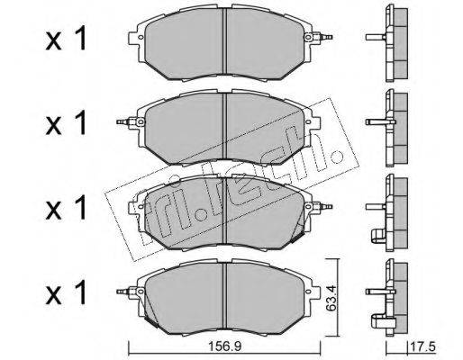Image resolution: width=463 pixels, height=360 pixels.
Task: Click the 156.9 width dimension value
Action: (225, 346)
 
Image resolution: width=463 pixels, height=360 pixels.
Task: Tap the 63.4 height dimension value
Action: (331, 298)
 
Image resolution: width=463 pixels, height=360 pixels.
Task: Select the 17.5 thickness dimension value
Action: (423, 347)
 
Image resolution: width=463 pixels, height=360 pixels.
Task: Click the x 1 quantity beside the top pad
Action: (66, 39)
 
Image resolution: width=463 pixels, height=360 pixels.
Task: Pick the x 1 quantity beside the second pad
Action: (66, 123)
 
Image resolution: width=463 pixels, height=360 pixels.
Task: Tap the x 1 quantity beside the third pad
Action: (66, 208)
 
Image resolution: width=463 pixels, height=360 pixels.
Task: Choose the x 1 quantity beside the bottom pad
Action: (66, 292)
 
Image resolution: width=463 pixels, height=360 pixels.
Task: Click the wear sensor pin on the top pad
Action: (323, 37)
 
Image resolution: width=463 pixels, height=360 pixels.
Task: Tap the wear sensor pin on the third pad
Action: (323, 207)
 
